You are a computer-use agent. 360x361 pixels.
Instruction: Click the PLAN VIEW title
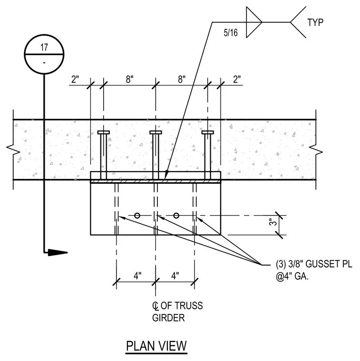(x=156, y=346)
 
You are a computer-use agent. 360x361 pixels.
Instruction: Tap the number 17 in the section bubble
(x=44, y=47)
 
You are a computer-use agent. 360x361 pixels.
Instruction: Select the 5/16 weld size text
(x=231, y=33)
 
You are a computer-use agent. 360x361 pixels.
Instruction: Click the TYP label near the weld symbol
(x=315, y=23)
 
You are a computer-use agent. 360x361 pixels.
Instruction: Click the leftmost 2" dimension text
(x=75, y=79)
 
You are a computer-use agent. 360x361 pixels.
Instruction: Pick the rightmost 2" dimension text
(x=237, y=79)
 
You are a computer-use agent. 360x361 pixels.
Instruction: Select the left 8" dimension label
(x=129, y=79)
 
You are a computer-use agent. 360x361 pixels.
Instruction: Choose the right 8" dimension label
(x=182, y=79)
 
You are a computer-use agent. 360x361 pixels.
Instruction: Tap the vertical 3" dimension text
(x=273, y=222)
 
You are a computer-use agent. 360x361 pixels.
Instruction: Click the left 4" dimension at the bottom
(x=137, y=275)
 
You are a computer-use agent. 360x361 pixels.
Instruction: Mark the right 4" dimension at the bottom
(x=175, y=275)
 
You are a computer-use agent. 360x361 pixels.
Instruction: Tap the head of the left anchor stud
(x=104, y=133)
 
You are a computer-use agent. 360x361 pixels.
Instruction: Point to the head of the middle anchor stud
(x=156, y=133)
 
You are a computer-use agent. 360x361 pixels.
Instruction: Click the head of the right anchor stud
(x=208, y=133)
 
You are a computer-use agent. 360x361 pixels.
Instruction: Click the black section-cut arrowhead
(x=58, y=253)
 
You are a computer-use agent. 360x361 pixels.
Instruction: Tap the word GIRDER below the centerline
(x=168, y=318)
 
